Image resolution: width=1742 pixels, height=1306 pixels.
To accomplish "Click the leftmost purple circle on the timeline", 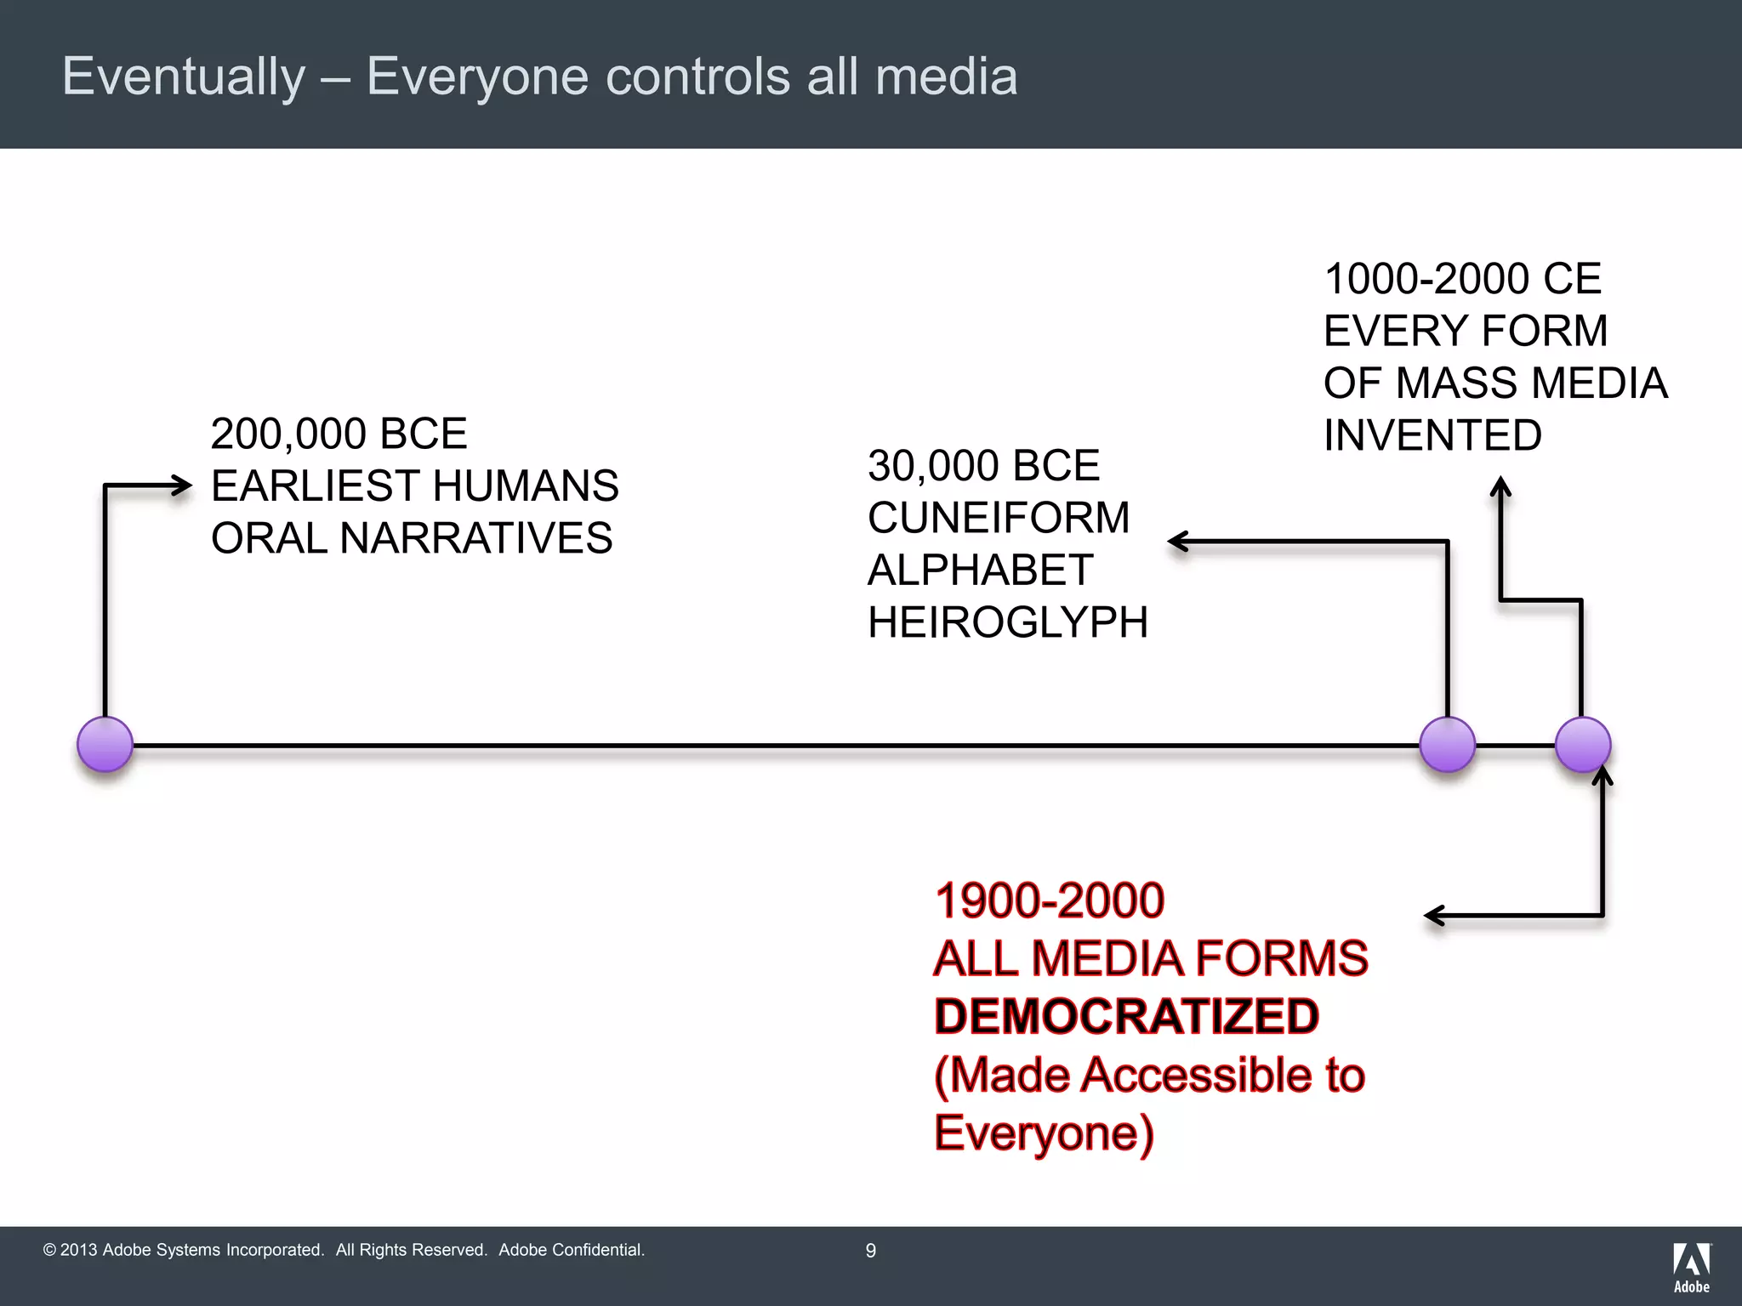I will click(105, 745).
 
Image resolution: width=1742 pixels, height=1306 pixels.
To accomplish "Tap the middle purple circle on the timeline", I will click(1447, 745).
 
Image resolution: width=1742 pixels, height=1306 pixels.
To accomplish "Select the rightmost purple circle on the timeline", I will click(1582, 745).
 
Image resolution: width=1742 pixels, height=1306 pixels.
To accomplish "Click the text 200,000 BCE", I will click(339, 434).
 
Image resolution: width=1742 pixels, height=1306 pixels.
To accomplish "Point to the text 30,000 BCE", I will click(983, 466).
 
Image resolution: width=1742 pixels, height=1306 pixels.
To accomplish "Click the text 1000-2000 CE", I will click(1462, 279).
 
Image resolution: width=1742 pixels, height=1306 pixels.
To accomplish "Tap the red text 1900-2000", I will click(1049, 900).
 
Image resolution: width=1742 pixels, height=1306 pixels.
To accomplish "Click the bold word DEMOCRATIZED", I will click(1126, 1017).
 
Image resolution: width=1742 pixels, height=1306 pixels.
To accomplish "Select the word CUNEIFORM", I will click(998, 518).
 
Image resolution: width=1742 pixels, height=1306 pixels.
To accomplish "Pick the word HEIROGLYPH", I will click(1007, 622).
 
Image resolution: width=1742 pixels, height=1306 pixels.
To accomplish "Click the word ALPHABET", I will click(979, 570).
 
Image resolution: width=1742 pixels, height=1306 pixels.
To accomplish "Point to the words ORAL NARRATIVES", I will click(412, 538).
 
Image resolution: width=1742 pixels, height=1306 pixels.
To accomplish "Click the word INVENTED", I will click(1432, 435).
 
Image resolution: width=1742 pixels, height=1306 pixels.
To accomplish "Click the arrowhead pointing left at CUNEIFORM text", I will click(1177, 542).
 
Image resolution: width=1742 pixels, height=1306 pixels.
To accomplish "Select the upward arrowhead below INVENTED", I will click(1501, 485).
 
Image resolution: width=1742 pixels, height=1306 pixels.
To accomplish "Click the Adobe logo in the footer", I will click(1691, 1268).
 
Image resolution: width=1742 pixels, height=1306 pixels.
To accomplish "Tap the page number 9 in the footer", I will click(870, 1251).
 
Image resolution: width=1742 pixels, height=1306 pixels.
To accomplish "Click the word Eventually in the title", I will click(184, 77).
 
